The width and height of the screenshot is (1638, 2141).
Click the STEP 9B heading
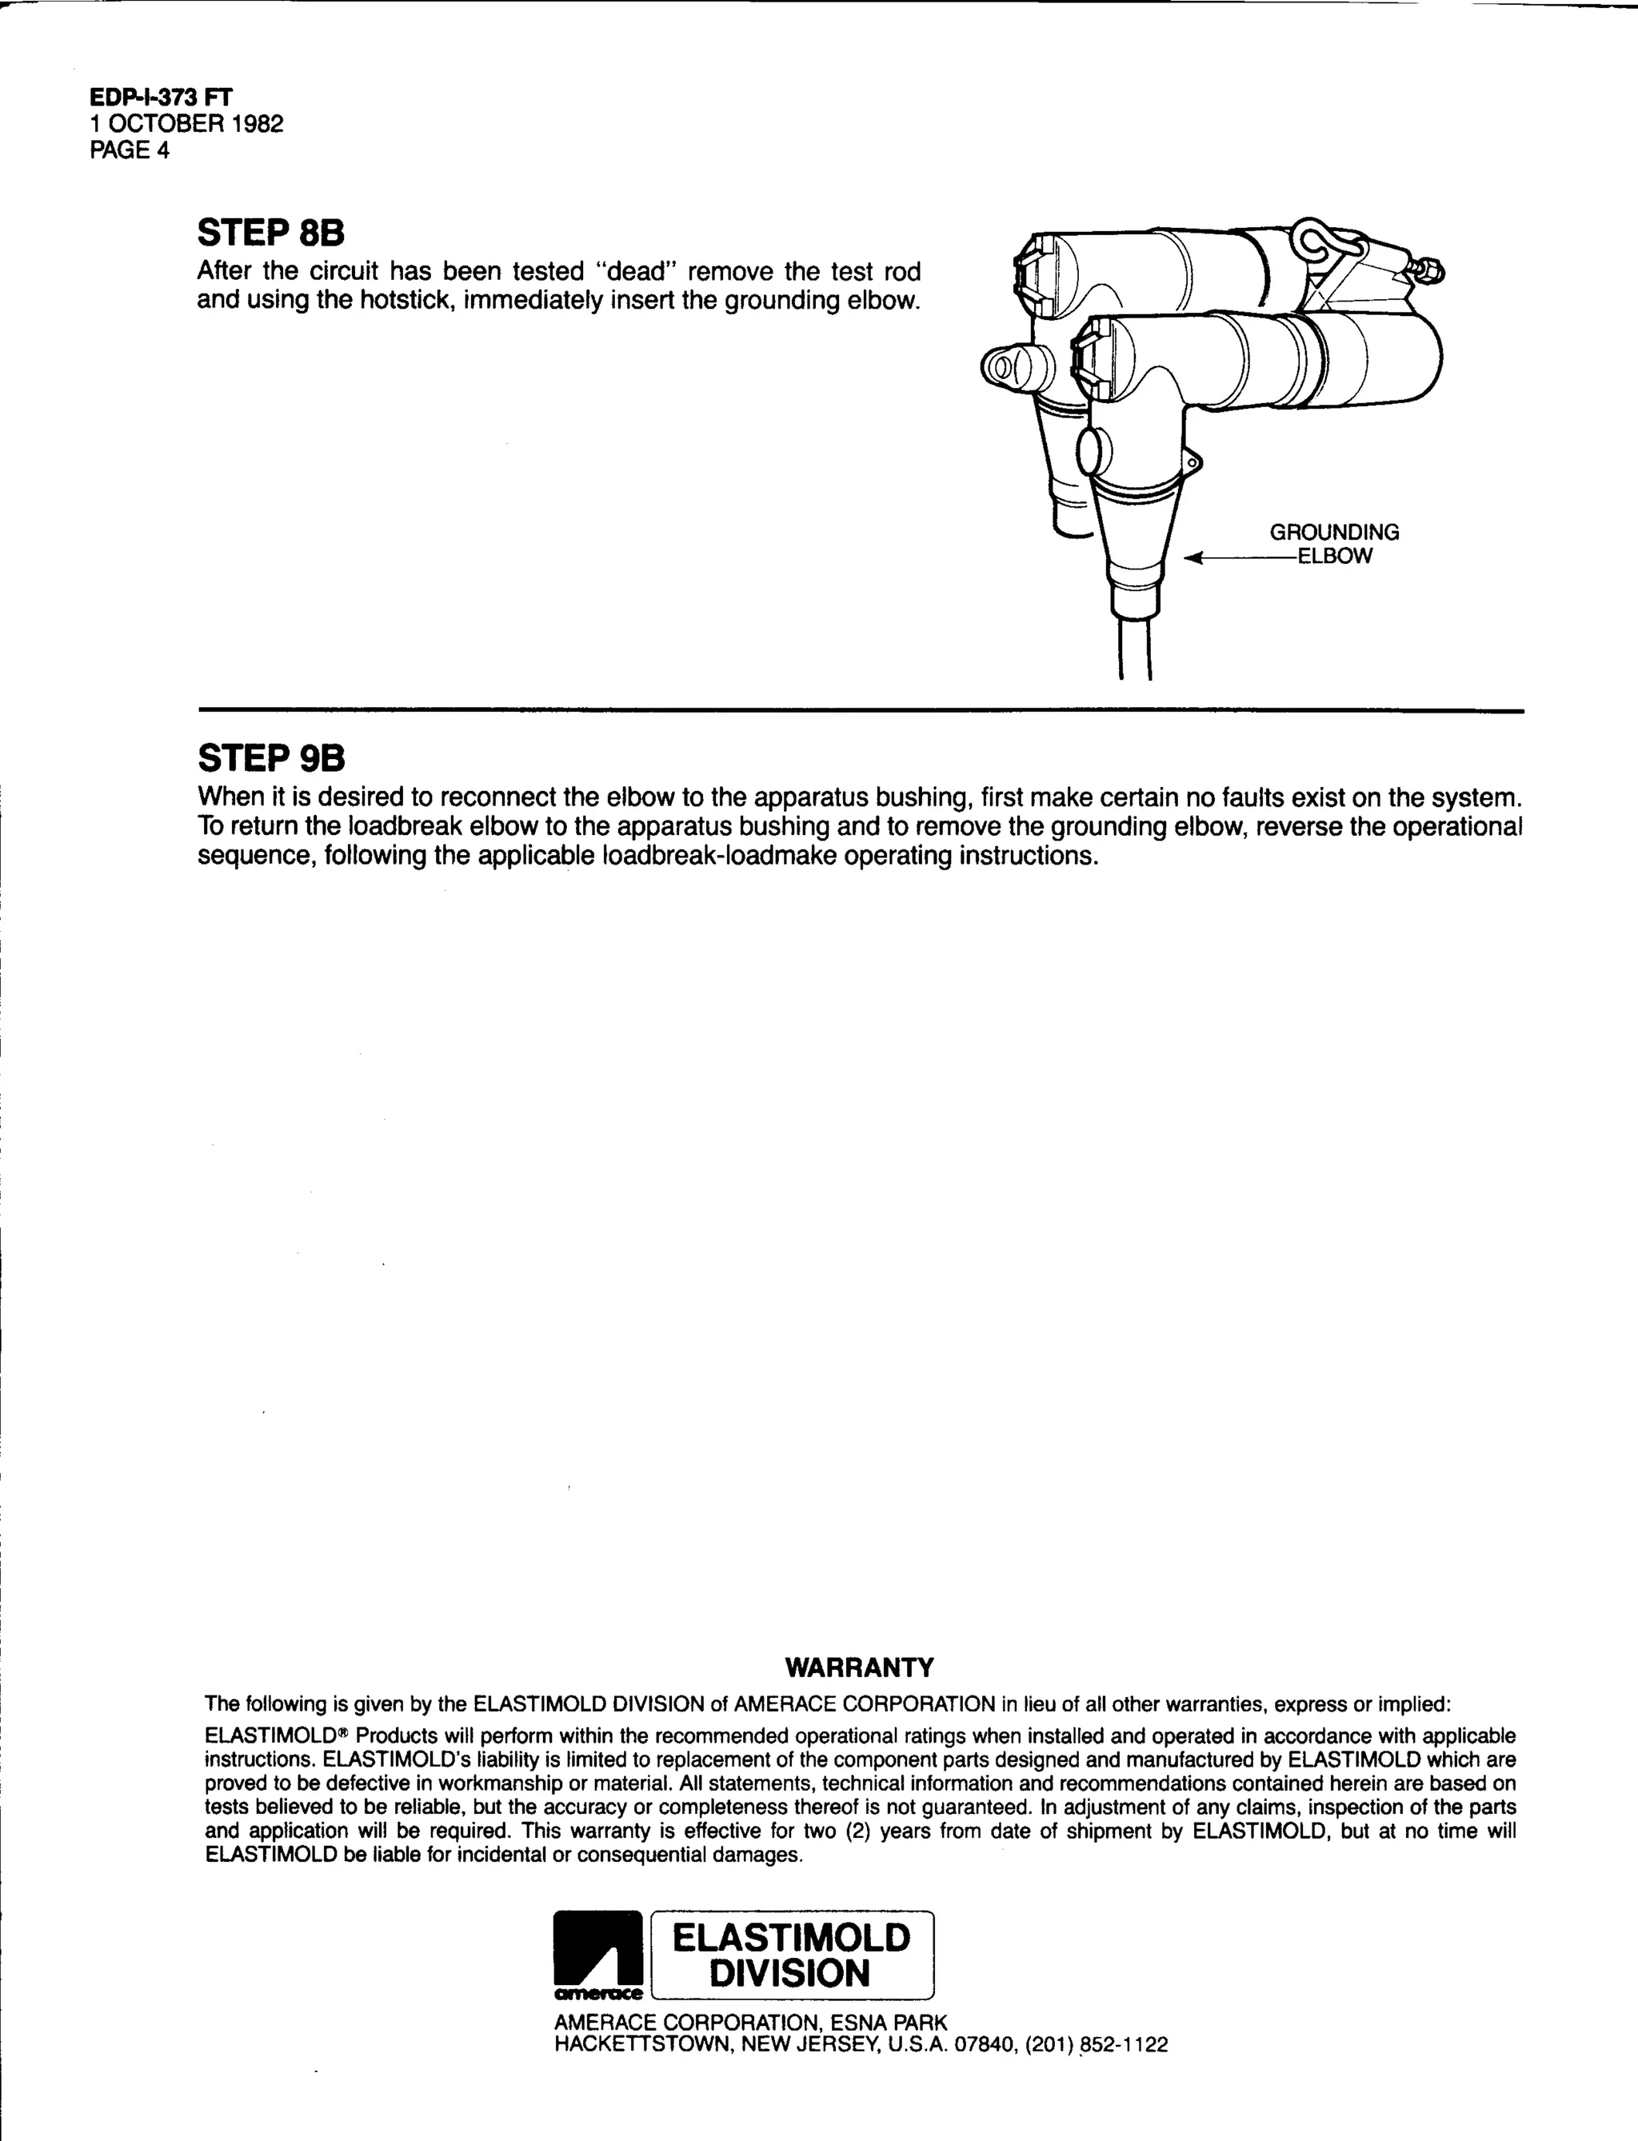(270, 757)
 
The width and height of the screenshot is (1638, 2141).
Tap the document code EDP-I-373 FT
(161, 97)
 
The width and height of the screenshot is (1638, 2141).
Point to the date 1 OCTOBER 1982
(186, 124)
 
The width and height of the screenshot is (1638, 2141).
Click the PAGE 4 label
(130, 150)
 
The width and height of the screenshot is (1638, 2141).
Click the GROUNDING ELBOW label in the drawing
(1334, 544)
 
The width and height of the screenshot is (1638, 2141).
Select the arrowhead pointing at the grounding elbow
(1193, 557)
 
